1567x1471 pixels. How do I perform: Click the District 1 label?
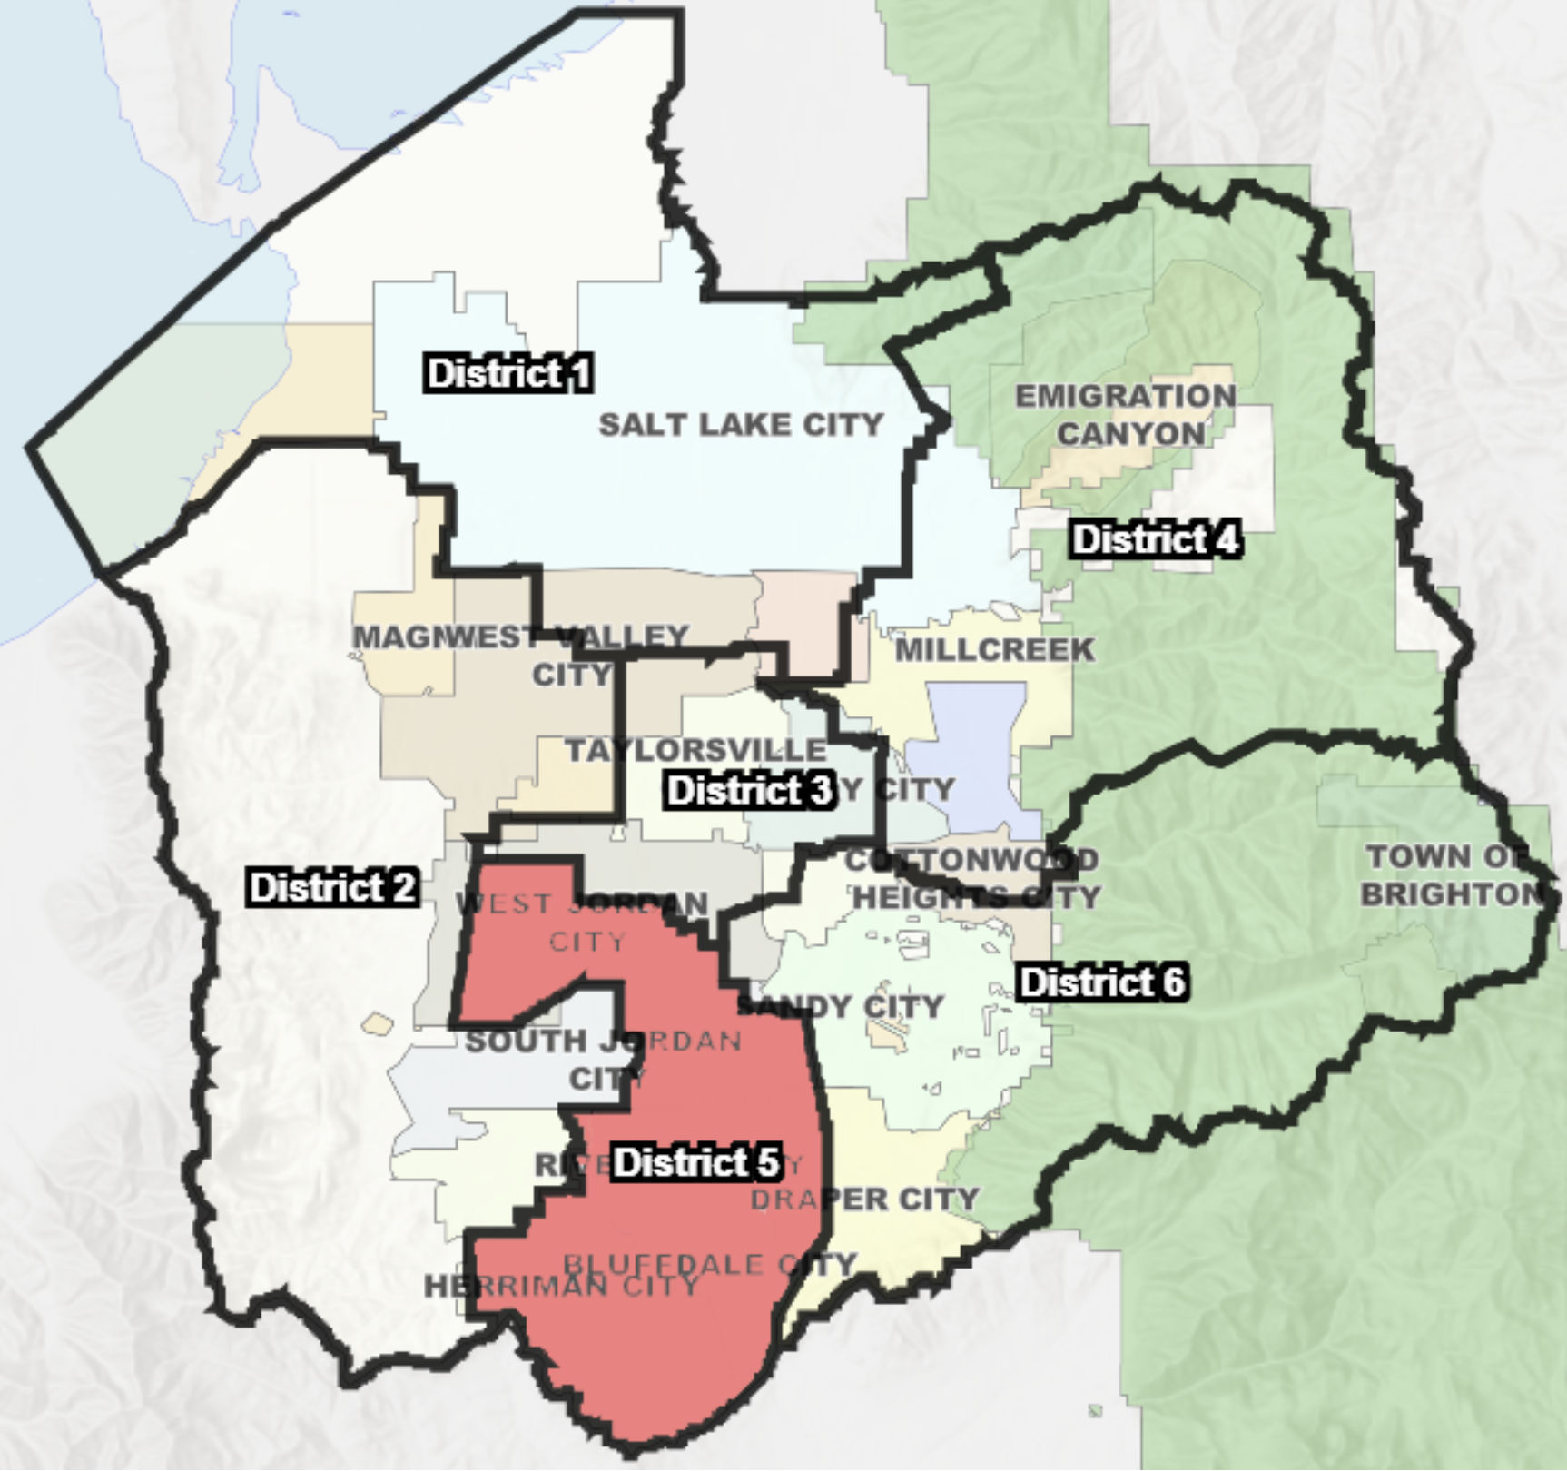click(508, 373)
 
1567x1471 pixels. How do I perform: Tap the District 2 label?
click(333, 887)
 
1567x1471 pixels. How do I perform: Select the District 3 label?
click(749, 790)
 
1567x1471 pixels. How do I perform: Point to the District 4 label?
click(1156, 539)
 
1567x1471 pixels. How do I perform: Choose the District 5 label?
click(695, 1162)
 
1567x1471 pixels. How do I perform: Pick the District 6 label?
click(1102, 982)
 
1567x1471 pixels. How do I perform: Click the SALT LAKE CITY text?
click(741, 424)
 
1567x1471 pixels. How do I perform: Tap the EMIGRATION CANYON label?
click(1126, 415)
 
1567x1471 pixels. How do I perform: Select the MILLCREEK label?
click(995, 649)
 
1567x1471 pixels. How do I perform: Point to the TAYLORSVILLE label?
click(696, 750)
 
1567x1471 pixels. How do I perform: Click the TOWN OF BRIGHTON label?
click(1451, 875)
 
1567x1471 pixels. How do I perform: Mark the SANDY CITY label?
click(841, 1006)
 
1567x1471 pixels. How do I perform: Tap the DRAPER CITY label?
click(864, 1200)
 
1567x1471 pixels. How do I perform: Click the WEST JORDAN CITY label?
click(583, 922)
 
